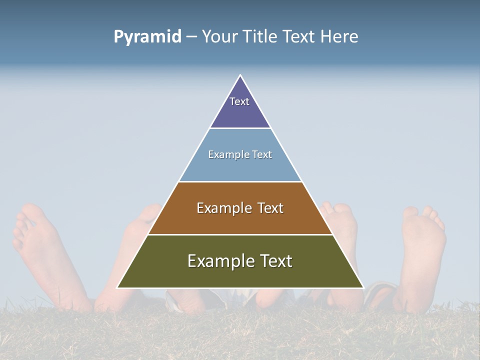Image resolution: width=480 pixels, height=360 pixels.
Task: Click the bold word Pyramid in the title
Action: [x=147, y=37]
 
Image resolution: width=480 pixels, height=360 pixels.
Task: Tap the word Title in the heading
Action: [x=263, y=37]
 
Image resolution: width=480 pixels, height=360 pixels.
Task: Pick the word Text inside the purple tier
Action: [x=239, y=101]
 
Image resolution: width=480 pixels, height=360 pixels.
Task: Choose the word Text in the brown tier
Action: [x=270, y=208]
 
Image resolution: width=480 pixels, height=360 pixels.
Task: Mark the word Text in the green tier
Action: [x=276, y=261]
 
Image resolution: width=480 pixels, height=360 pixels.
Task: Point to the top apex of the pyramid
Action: [x=240, y=75]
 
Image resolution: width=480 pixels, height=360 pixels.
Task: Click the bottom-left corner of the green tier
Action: [x=118, y=287]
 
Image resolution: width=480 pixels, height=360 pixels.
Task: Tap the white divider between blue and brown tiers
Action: [x=240, y=181]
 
